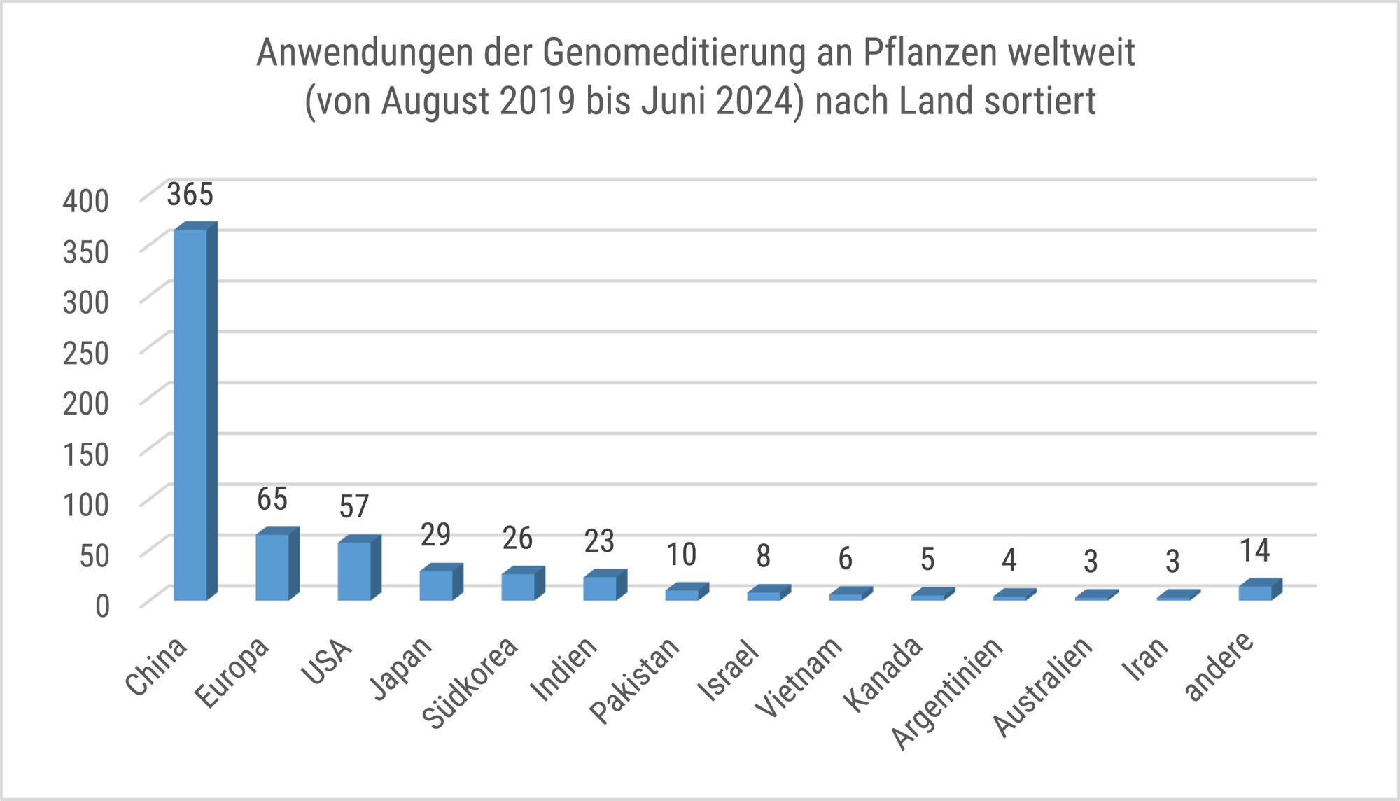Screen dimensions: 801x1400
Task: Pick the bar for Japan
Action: click(x=436, y=585)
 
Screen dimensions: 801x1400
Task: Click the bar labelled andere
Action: click(x=1255, y=592)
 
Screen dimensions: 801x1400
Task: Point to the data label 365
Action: click(x=190, y=195)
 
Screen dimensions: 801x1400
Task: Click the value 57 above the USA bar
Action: click(x=354, y=507)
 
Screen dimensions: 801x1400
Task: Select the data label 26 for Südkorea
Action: click(x=517, y=538)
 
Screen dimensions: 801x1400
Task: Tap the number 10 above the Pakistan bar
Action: click(x=681, y=555)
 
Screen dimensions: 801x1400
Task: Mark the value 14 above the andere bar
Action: click(x=1254, y=551)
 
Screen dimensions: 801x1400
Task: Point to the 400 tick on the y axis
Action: click(x=86, y=202)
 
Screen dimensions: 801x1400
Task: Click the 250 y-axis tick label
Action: click(x=86, y=353)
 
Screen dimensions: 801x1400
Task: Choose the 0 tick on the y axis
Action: click(x=102, y=606)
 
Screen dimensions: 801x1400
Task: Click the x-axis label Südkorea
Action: click(x=470, y=683)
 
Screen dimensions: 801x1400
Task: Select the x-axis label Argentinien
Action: click(x=946, y=694)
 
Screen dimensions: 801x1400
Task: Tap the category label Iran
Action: click(x=1145, y=660)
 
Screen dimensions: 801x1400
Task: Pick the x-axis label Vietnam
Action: click(x=799, y=678)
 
